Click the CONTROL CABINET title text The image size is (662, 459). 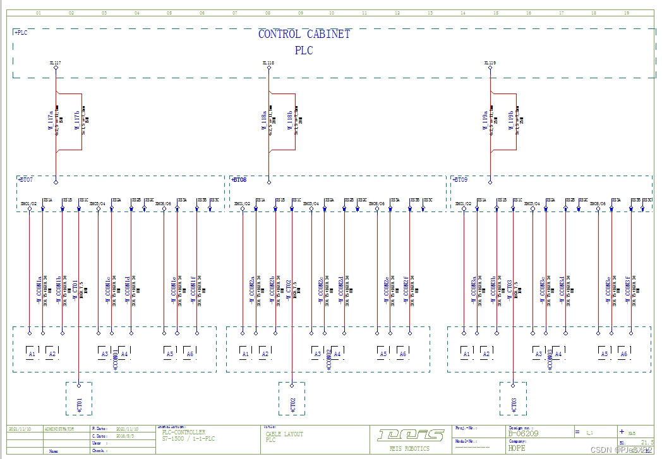tap(304, 34)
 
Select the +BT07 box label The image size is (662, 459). tap(26, 180)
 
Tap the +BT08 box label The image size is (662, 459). tap(239, 180)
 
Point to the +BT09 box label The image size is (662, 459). tap(460, 180)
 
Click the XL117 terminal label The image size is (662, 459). tap(55, 63)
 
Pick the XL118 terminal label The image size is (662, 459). tap(268, 63)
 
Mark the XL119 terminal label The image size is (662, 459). tap(490, 63)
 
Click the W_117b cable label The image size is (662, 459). tap(77, 120)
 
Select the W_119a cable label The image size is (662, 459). tap(485, 120)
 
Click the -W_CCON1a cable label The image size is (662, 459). tap(39, 289)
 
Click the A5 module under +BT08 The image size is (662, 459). tap(383, 352)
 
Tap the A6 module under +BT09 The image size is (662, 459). tap(623, 352)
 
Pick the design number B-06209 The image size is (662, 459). tap(524, 434)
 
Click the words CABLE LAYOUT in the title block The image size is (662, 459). tap(284, 434)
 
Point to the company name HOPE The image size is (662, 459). tap(517, 448)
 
